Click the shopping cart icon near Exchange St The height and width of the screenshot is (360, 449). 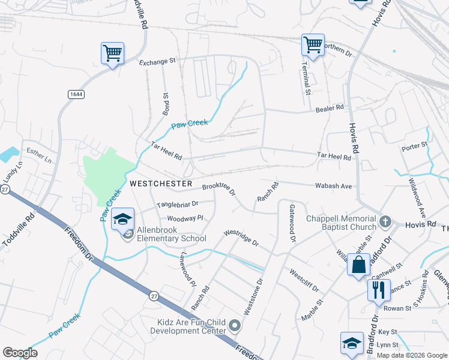(112, 53)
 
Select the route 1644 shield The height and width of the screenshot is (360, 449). (76, 95)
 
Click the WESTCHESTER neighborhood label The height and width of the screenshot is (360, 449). (161, 183)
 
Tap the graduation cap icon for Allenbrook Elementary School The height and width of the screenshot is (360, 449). (122, 218)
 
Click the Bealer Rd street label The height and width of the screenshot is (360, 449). (330, 108)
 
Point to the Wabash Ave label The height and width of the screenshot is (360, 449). (333, 186)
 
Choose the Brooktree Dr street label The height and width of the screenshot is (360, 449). (218, 189)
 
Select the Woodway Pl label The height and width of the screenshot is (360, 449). (185, 218)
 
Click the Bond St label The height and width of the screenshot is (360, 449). (166, 103)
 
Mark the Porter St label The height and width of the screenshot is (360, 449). (414, 145)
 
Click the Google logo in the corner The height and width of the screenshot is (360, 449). (20, 353)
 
